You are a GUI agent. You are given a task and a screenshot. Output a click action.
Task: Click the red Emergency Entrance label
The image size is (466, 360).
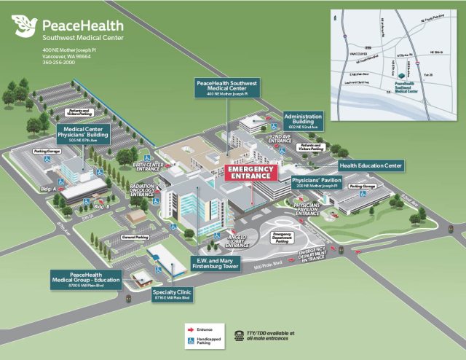[x=251, y=173]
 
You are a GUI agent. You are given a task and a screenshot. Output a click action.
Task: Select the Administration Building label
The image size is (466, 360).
[x=303, y=120]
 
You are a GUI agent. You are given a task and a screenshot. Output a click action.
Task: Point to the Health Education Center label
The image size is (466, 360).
[x=370, y=165]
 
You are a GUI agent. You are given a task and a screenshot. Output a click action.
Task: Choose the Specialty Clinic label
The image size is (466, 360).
[x=172, y=294]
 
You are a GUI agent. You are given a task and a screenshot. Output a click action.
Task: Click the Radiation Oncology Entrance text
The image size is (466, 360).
[x=142, y=190]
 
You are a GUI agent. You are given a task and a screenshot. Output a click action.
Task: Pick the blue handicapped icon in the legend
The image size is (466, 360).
[x=191, y=340]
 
